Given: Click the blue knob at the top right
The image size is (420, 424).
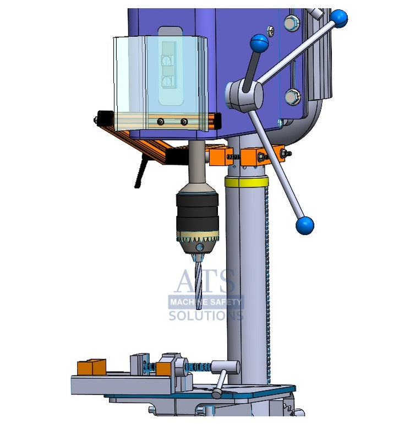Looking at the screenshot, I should pyautogui.click(x=339, y=18).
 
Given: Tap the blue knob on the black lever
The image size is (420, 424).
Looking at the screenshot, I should pyautogui.click(x=259, y=43).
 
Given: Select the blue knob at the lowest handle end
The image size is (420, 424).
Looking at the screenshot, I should pyautogui.click(x=304, y=225).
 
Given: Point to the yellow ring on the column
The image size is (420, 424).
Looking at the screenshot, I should pyautogui.click(x=246, y=182).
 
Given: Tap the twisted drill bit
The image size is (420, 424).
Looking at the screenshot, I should pyautogui.click(x=198, y=281).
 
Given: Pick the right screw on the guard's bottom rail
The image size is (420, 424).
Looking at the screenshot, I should pyautogui.click(x=184, y=122).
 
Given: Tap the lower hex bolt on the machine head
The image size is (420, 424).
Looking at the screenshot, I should pyautogui.click(x=292, y=96).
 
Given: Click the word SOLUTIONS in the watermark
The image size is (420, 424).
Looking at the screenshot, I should pyautogui.click(x=205, y=316).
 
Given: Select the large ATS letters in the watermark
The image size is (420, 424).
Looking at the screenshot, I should pyautogui.click(x=205, y=282).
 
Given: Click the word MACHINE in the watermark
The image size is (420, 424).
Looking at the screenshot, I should pyautogui.click(x=188, y=302).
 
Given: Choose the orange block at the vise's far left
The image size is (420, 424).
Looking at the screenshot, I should pyautogui.click(x=91, y=367).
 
